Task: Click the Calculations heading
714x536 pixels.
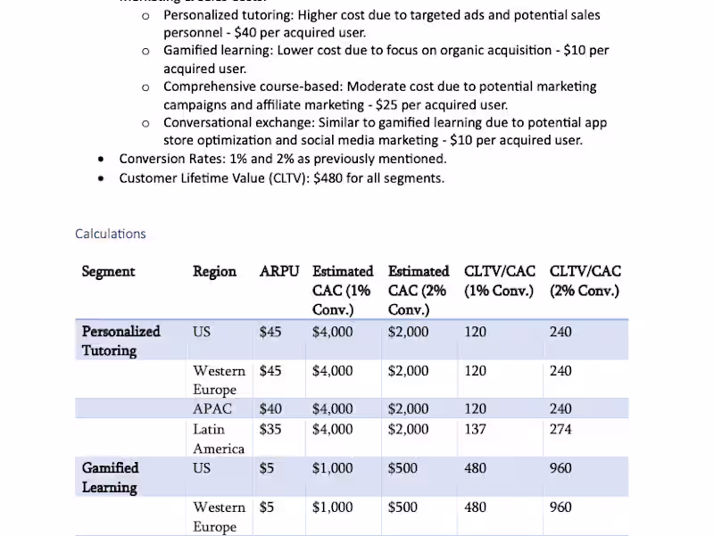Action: [110, 234]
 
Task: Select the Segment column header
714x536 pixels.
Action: [108, 271]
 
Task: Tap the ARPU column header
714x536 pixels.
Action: [278, 271]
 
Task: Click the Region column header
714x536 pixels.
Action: [214, 271]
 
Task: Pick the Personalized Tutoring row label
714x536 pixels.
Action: [120, 341]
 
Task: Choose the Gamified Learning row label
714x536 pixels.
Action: [110, 477]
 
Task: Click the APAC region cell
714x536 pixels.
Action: [212, 408]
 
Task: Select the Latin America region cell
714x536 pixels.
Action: [218, 438]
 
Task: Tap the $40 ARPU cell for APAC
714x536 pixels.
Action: [270, 408]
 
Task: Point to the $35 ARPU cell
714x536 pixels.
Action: [270, 429]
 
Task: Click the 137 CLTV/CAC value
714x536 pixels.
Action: [476, 429]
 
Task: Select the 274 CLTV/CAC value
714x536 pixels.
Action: [560, 429]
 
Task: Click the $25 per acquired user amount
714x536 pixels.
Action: [392, 104]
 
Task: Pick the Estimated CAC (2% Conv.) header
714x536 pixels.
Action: [418, 290]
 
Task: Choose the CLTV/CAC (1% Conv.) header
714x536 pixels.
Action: [499, 280]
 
